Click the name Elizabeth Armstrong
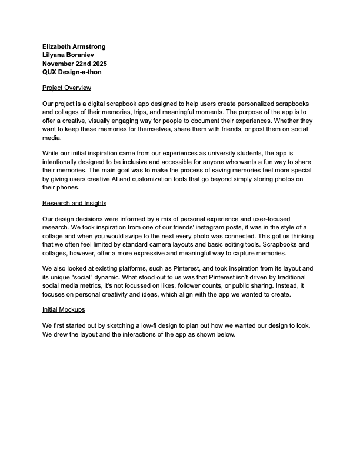coord(74,46)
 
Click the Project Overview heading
coord(66,88)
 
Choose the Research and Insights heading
coord(74,203)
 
